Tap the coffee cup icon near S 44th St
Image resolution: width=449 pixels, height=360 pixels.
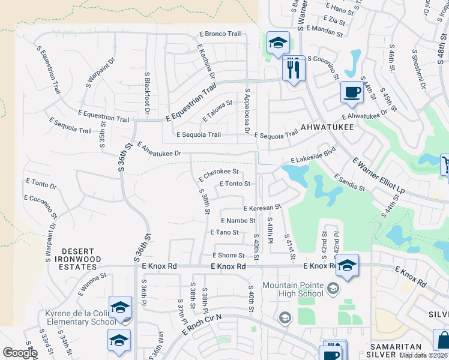coord(352,92)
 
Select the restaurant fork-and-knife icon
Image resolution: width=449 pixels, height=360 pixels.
coord(294,68)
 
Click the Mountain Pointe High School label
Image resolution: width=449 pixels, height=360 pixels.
coord(294,289)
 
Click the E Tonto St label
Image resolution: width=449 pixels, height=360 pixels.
coord(235,184)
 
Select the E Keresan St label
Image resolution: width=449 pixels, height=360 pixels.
coord(262,208)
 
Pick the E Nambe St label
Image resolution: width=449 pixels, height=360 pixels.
coord(238,221)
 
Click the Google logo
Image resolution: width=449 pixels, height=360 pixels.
coord(20,352)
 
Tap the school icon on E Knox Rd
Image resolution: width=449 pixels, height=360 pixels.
coord(347,265)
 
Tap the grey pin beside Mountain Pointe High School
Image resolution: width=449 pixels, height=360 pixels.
coord(333,290)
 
